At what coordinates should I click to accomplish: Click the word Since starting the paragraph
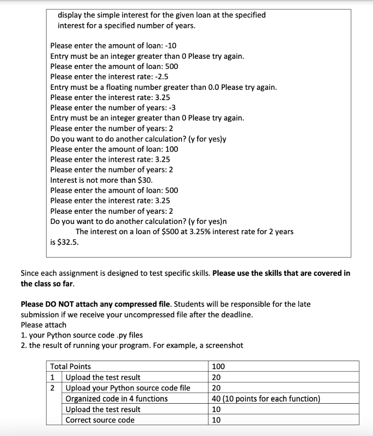pos(30,273)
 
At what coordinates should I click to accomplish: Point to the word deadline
pos(237,315)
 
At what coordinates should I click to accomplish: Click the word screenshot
pos(224,345)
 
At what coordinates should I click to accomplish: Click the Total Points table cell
pos(71,366)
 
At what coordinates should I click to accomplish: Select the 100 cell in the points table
pos(218,366)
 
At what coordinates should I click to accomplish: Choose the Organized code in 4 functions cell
pos(116,399)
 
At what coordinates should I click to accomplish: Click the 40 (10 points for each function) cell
pos(266,399)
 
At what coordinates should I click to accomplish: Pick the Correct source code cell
pos(100,420)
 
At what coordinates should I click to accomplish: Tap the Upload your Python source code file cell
pos(128,388)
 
